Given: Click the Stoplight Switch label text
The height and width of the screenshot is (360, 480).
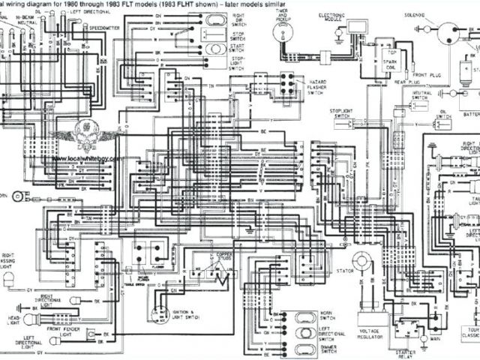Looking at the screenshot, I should (340, 112).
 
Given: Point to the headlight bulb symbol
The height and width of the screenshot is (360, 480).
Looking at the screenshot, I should (31, 319).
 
